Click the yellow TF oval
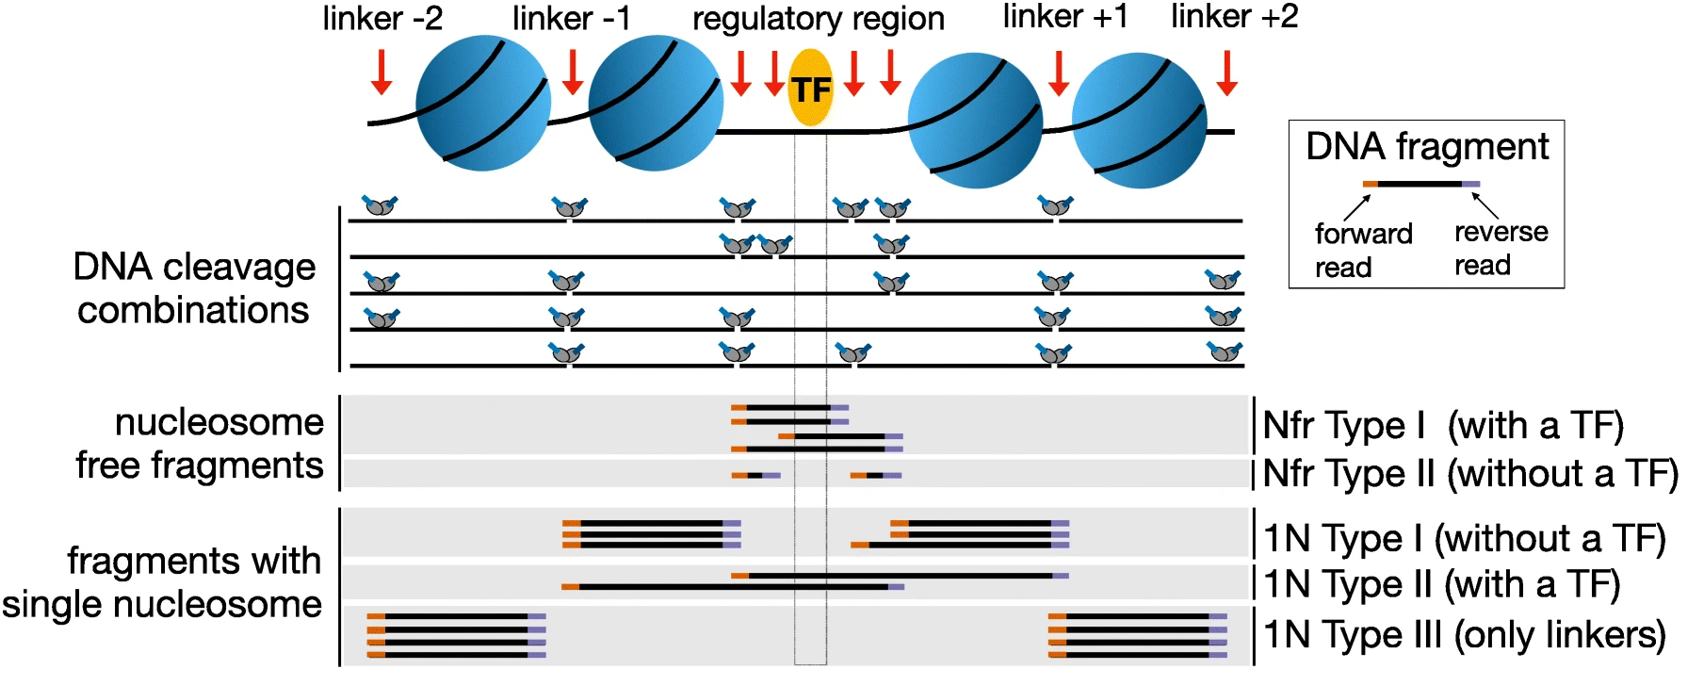(x=810, y=89)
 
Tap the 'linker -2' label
(x=382, y=18)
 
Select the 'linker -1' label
(x=571, y=18)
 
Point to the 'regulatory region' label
(x=819, y=20)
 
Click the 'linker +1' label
(x=1064, y=17)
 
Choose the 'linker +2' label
(x=1234, y=17)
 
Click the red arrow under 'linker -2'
(x=381, y=73)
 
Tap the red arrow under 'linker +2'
(x=1226, y=73)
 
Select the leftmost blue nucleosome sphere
(x=483, y=104)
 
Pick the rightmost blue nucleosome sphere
(x=1139, y=120)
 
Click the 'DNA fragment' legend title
(x=1427, y=147)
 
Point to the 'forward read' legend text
(x=1363, y=251)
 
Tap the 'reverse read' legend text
(x=1501, y=249)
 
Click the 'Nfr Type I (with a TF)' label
(x=1443, y=426)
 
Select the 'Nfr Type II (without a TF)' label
(x=1470, y=474)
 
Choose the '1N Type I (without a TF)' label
(x=1465, y=539)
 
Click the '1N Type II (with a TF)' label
(x=1442, y=584)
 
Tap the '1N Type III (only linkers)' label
(x=1465, y=634)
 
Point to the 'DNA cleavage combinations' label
(x=194, y=288)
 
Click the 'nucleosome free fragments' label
(x=200, y=444)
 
